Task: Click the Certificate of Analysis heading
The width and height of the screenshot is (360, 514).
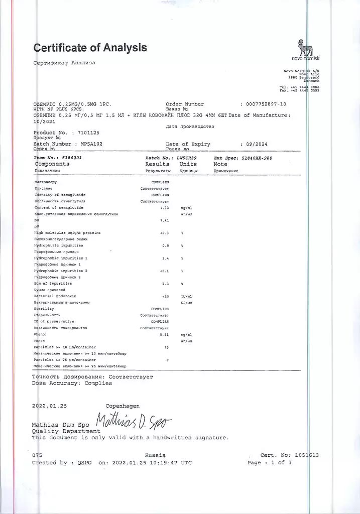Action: tap(90, 48)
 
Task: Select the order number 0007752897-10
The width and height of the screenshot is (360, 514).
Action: tap(266, 104)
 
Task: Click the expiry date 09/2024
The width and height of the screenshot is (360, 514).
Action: tap(257, 144)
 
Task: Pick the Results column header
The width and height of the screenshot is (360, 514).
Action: tap(157, 164)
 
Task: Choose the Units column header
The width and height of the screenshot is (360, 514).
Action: tap(188, 164)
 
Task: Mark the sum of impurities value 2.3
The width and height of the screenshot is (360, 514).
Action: tap(164, 284)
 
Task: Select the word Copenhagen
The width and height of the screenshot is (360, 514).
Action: tap(123, 406)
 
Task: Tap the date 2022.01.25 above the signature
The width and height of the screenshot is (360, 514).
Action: tap(49, 406)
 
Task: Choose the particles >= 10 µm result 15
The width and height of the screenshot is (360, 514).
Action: tap(166, 347)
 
